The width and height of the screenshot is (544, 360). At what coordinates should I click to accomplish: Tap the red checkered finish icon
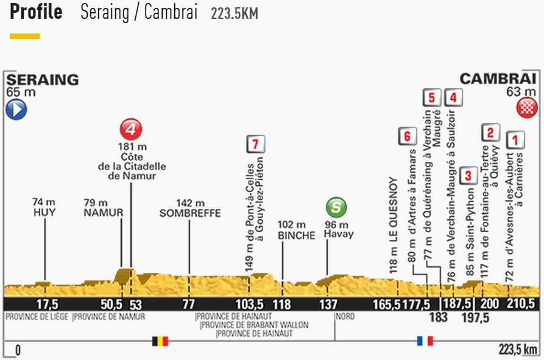(x=526, y=108)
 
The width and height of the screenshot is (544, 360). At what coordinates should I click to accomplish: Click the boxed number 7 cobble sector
(x=256, y=144)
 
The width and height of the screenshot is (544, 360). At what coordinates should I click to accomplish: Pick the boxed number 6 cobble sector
(x=406, y=136)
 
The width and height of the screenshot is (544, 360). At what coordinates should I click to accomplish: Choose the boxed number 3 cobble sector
(x=468, y=176)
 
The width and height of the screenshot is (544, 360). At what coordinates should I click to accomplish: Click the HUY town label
(x=44, y=213)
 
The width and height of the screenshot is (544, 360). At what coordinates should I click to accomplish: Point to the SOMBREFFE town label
(x=189, y=213)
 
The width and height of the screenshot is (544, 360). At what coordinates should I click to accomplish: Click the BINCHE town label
(x=295, y=235)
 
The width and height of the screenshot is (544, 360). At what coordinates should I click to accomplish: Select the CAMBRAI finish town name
(x=498, y=79)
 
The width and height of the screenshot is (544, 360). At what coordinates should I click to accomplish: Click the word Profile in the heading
(x=36, y=12)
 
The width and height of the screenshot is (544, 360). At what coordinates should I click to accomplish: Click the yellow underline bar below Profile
(x=25, y=37)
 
